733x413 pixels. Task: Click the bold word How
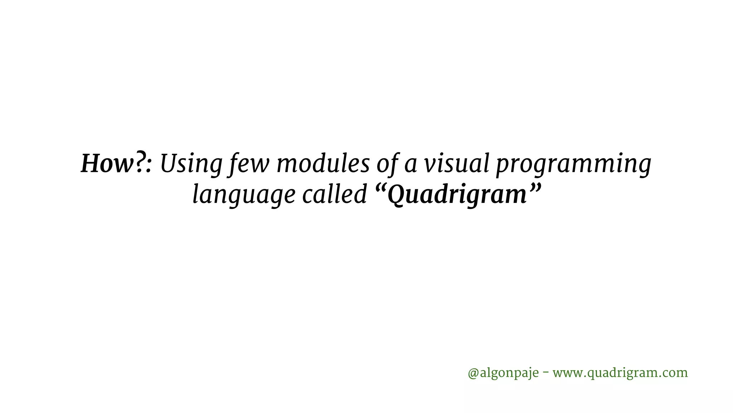pyautogui.click(x=107, y=165)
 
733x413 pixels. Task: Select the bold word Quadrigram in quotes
pyautogui.click(x=457, y=196)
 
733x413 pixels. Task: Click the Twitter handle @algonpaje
pyautogui.click(x=503, y=373)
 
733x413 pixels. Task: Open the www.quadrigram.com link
pyautogui.click(x=620, y=373)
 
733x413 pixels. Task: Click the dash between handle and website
pyautogui.click(x=546, y=372)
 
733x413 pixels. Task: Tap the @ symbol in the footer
pyautogui.click(x=473, y=373)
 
